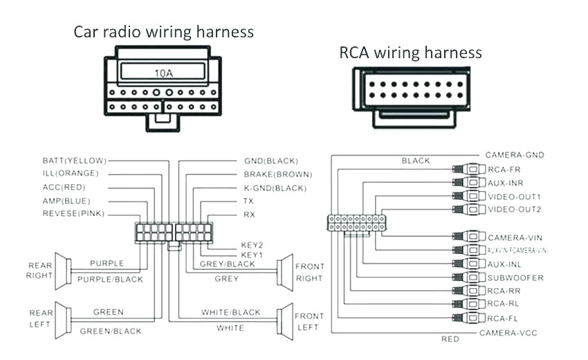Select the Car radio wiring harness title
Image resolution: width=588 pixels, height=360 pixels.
164,32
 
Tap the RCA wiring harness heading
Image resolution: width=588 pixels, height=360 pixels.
410,53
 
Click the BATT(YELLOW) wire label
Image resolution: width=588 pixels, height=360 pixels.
74,161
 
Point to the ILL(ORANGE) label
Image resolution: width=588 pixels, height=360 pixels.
70,174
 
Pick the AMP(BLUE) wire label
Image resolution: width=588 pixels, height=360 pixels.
67,201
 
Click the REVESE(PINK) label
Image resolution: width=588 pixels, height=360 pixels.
73,214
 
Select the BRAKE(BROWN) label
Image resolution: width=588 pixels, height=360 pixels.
277,174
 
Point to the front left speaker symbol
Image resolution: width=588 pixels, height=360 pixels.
283,321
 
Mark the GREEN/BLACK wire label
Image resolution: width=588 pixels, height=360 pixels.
111,331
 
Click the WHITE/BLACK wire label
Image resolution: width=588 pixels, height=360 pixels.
231,312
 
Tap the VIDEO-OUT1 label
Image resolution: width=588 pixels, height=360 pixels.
514,196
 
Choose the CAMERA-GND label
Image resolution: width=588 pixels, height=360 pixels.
514,154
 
